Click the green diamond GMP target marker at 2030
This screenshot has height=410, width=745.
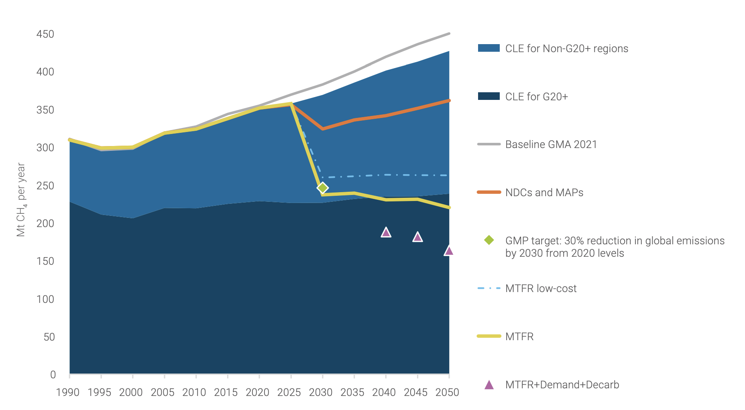click(322, 188)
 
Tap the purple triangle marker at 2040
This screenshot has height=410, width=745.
click(386, 233)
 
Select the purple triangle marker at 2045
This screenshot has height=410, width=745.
click(417, 237)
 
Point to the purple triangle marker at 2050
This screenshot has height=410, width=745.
click(449, 251)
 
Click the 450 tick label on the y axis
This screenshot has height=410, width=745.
click(45, 34)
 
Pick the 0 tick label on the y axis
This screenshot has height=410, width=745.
click(53, 375)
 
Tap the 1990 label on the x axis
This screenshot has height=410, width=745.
click(68, 392)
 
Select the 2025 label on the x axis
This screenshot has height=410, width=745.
click(289, 392)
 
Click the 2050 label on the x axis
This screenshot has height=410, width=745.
click(447, 392)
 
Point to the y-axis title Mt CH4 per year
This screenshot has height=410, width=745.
click(21, 200)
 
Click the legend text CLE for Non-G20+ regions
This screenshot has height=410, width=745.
click(566, 49)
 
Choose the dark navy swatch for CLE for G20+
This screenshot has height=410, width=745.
click(489, 96)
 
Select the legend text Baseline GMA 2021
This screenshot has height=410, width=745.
click(551, 144)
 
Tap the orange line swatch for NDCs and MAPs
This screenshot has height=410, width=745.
click(489, 192)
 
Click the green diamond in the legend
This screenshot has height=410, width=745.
click(489, 240)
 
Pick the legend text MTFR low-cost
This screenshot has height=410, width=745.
click(541, 288)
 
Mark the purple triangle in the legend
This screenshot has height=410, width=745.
click(489, 385)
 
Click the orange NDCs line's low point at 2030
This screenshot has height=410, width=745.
click(322, 129)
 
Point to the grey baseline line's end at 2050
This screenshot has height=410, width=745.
click(449, 34)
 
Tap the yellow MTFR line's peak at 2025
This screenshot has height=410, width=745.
click(291, 104)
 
